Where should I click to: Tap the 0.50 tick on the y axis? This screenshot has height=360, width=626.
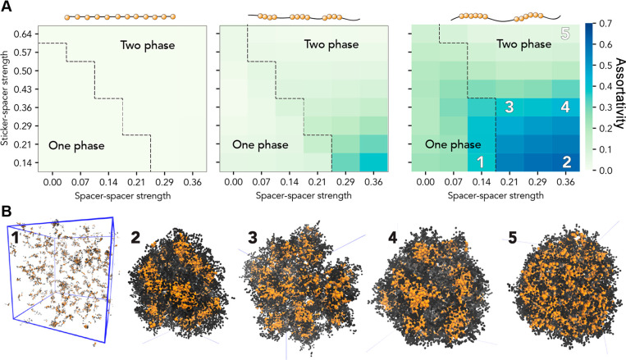(x=21, y=71)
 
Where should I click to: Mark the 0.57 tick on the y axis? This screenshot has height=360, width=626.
(x=21, y=52)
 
